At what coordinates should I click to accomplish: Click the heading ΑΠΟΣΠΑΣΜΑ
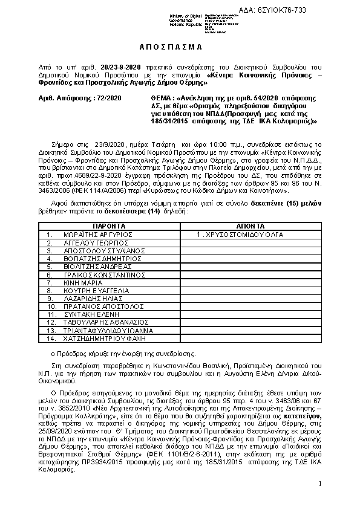[179, 47]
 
